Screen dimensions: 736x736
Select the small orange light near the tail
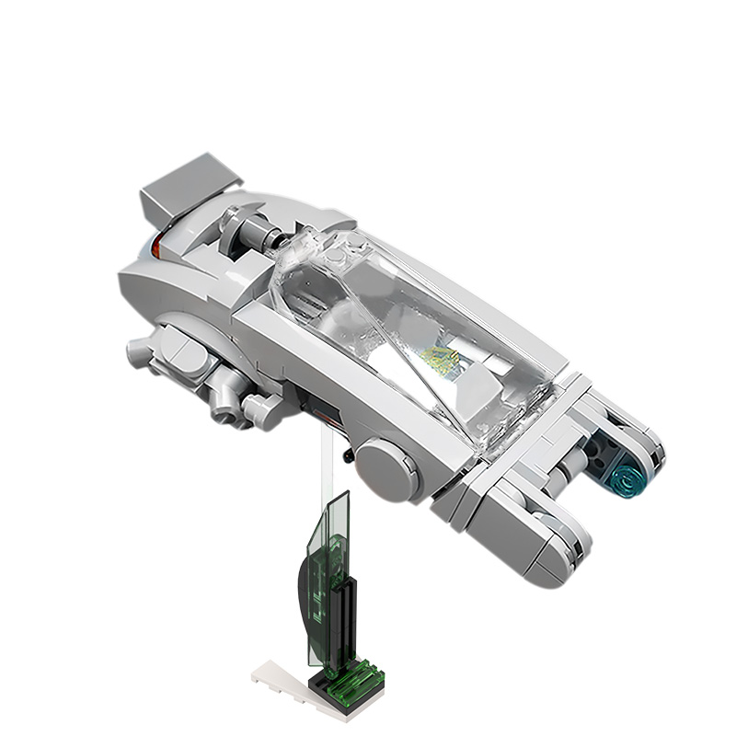157,244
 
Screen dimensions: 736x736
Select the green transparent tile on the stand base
353,681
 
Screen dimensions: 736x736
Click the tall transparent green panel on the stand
329,570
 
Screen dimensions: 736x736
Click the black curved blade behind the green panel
305,589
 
